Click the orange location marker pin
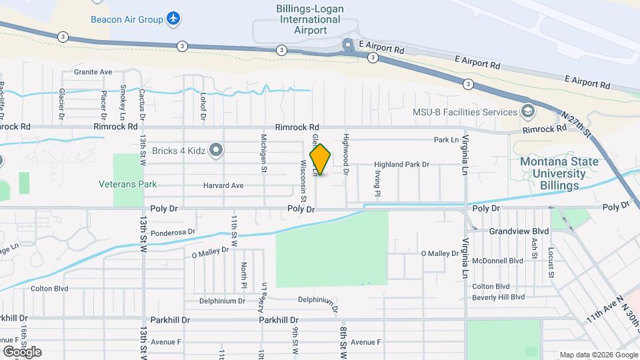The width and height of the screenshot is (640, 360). click(320, 159)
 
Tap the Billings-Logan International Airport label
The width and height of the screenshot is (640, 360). click(310, 19)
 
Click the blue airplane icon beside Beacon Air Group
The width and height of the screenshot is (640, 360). click(173, 19)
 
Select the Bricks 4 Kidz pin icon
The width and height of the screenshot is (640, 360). click(215, 150)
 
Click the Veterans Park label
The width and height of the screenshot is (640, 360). click(122, 184)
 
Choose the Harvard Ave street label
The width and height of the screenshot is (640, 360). click(223, 185)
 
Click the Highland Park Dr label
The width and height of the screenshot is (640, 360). click(401, 164)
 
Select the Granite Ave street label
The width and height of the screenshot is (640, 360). click(93, 71)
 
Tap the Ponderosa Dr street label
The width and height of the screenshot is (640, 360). click(173, 232)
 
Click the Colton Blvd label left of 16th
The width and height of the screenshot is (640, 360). click(49, 289)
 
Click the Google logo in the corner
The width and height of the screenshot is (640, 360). click(22, 351)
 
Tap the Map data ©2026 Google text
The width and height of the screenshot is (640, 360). click(599, 355)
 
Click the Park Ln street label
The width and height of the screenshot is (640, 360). click(447, 140)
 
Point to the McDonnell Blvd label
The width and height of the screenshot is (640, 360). click(497, 261)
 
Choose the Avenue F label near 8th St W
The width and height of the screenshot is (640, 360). click(365, 342)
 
